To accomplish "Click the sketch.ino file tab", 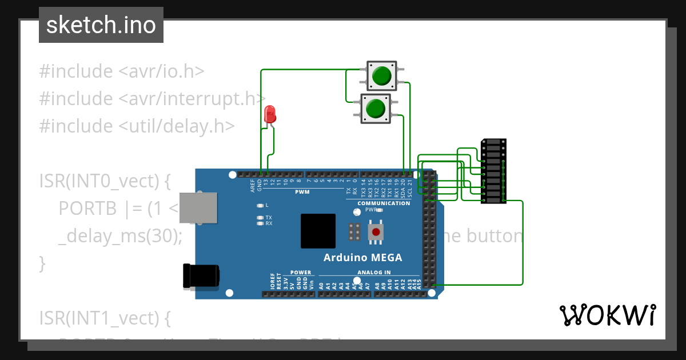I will click(101, 25).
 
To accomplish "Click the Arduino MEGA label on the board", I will click(362, 257).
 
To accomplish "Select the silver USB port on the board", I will click(198, 207).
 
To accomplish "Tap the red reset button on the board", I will click(376, 232).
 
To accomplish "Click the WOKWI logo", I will click(607, 315).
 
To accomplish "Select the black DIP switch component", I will click(493, 171).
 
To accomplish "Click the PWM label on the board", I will click(302, 192).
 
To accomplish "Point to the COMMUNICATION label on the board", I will click(384, 203).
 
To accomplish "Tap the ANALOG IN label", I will click(374, 273).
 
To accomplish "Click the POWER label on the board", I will click(301, 273).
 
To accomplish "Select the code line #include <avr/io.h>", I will click(122, 71).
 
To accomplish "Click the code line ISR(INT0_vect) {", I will click(105, 181).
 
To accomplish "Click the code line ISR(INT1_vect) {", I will click(105, 317).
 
